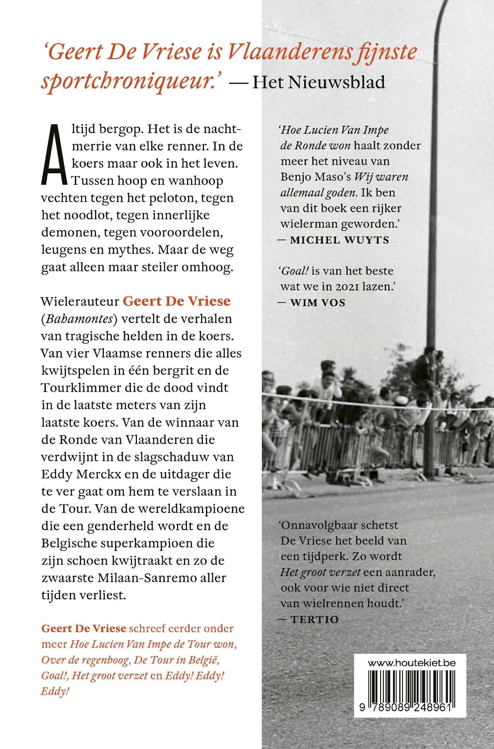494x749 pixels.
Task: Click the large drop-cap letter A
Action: pos(54,154)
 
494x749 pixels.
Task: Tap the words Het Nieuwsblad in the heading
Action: pos(319,82)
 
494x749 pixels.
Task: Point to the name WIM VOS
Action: pos(317,302)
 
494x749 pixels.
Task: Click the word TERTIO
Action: pos(314,619)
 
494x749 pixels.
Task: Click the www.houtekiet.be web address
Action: pos(411,663)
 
